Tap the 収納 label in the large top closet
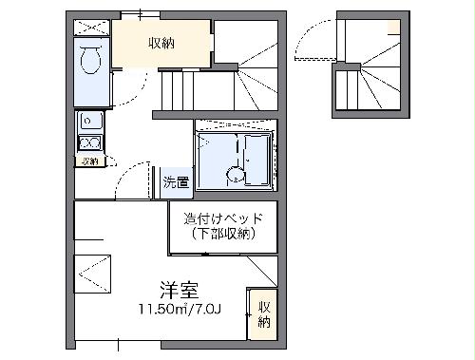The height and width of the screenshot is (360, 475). [161, 44]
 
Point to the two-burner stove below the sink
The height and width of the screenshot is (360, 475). [90, 143]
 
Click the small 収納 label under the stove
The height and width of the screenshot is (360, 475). [89, 161]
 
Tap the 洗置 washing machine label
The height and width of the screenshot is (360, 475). [175, 181]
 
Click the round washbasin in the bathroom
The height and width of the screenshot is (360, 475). [233, 175]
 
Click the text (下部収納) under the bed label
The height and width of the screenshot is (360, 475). [223, 234]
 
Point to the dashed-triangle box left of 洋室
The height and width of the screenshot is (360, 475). [94, 275]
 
